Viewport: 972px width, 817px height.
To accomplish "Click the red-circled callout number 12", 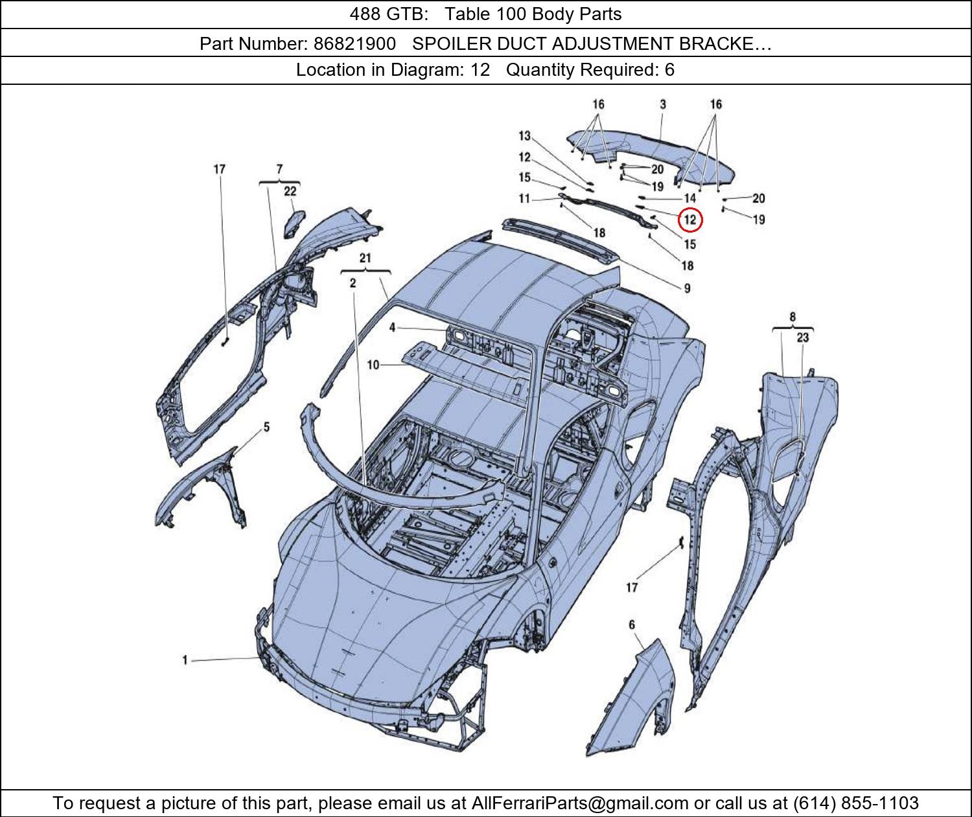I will pyautogui.click(x=690, y=220).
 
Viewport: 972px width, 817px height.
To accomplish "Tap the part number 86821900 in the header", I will pyautogui.click(x=354, y=44).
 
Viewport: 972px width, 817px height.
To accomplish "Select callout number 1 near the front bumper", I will pyautogui.click(x=185, y=660).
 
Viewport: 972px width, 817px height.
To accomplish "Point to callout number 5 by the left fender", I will pyautogui.click(x=266, y=428).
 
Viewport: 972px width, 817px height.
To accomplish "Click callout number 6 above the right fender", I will pyautogui.click(x=632, y=625).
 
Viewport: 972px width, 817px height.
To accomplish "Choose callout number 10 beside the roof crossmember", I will pyautogui.click(x=373, y=365).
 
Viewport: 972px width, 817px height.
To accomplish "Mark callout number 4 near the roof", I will pyautogui.click(x=392, y=328).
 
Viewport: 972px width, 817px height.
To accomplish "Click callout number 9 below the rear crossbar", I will pyautogui.click(x=687, y=288).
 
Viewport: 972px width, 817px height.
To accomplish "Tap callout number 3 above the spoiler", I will pyautogui.click(x=663, y=104).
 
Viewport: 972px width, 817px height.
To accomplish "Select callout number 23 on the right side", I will pyautogui.click(x=803, y=338).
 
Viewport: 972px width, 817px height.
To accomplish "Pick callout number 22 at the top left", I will pyautogui.click(x=290, y=191).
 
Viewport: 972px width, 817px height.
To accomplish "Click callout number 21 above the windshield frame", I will pyautogui.click(x=365, y=259).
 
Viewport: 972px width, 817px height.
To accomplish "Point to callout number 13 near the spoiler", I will pyautogui.click(x=524, y=136).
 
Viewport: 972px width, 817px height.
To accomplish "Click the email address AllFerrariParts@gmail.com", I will pyautogui.click(x=580, y=803).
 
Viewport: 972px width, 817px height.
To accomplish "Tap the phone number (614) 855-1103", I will pyautogui.click(x=855, y=803).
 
